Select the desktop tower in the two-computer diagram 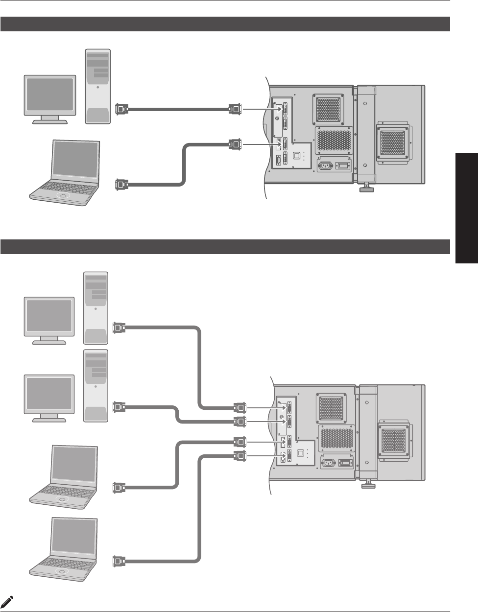click(98, 86)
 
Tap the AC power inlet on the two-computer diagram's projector click(326, 165)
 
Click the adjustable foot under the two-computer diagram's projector click(365, 187)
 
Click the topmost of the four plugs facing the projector click(240, 407)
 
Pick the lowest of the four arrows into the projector click(264, 456)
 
